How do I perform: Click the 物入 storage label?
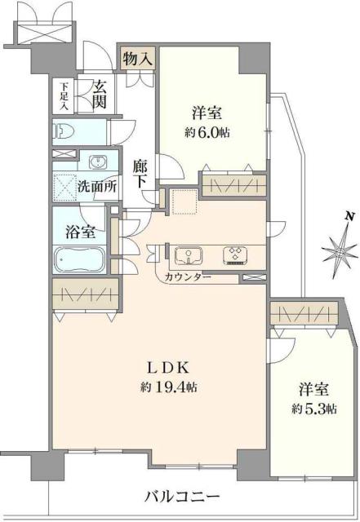pos(136,59)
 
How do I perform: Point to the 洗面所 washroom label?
pos(96,185)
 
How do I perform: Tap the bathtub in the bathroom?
pos(78,261)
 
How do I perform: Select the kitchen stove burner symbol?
pos(238,255)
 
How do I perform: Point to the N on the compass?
pos(349,216)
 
